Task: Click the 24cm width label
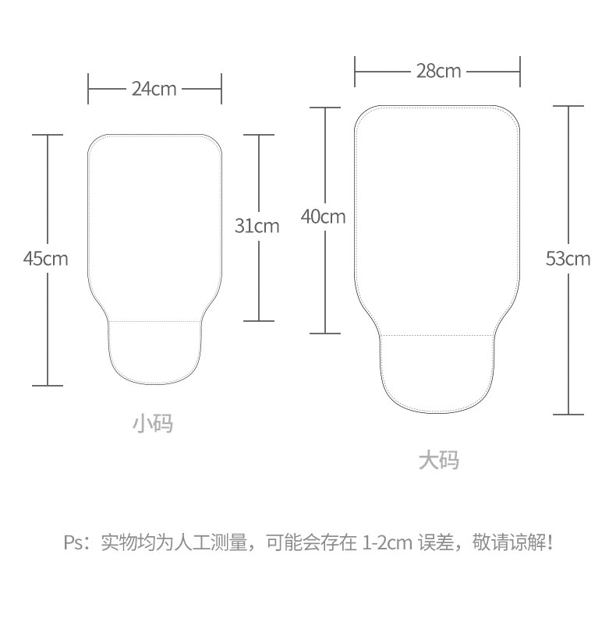[x=154, y=89]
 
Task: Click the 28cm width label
[x=438, y=71]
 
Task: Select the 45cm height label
[x=46, y=258]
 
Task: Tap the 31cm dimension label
[x=257, y=226]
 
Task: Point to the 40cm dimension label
[x=323, y=217]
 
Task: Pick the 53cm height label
[x=568, y=259]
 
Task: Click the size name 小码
[x=152, y=424]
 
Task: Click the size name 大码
[x=438, y=461]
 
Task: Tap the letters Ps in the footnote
[x=73, y=542]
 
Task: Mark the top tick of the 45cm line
[x=48, y=135]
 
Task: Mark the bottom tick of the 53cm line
[x=568, y=414]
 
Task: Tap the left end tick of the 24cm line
[x=88, y=89]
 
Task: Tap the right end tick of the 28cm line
[x=520, y=71]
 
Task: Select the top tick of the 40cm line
[x=325, y=108]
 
